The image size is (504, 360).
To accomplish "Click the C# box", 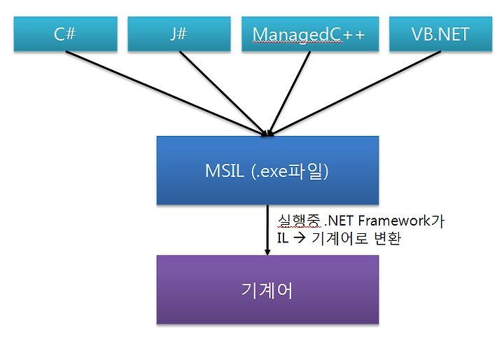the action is coord(66,34).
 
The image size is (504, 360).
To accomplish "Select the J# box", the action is coord(179,34).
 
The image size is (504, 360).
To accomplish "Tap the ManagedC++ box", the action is coord(310,34).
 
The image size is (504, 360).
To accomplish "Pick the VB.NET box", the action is coord(441,34).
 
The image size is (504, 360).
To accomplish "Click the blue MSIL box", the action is coord(267,170).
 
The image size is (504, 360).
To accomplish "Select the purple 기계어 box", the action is coord(267,289).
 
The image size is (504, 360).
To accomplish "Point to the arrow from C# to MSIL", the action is coord(167,93).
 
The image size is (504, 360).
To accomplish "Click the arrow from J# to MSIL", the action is coord(223,93).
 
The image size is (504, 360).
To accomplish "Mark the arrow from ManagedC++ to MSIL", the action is coord(289,93).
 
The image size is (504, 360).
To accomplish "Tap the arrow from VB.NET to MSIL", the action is coord(354,93).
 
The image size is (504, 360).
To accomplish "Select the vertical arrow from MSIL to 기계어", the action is coord(267,230).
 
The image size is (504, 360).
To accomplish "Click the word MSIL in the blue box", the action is coord(225,171).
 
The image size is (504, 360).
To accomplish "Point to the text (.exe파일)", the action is coord(290,171).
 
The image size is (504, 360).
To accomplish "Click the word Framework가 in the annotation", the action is coord(401,221).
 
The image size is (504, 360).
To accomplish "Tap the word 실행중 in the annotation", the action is coord(299,221).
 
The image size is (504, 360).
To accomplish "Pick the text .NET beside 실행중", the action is coord(339,221).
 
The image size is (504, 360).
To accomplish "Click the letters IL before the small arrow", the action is coord(283,238).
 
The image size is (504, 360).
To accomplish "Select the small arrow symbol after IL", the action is coord(300,238).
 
